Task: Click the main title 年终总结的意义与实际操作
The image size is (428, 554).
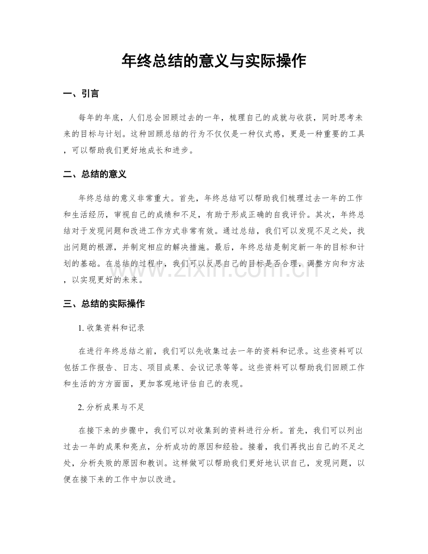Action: click(x=214, y=61)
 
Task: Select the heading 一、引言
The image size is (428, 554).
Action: click(x=80, y=94)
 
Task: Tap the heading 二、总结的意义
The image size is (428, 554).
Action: click(x=94, y=175)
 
